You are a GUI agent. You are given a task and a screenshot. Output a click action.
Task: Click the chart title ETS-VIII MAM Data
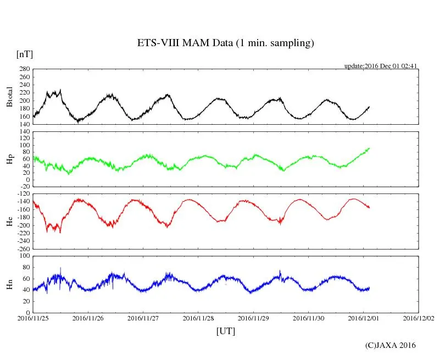pyautogui.click(x=225, y=43)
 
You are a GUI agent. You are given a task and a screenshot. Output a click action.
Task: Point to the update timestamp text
pyautogui.click(x=381, y=66)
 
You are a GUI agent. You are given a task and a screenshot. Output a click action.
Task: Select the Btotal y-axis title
pyautogui.click(x=9, y=97)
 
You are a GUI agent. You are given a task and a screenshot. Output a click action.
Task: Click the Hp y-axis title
pyautogui.click(x=9, y=159)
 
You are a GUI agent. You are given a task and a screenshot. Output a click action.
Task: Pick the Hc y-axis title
pyautogui.click(x=9, y=221)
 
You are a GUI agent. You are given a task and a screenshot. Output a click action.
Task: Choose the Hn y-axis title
pyautogui.click(x=9, y=284)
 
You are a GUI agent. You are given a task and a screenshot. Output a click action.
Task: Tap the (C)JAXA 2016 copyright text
pyautogui.click(x=391, y=345)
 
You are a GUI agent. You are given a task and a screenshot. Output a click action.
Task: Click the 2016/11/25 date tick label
pyautogui.click(x=33, y=318)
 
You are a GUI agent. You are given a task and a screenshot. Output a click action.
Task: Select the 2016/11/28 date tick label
pyautogui.click(x=198, y=318)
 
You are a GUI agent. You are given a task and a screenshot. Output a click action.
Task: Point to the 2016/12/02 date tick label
pyautogui.click(x=419, y=318)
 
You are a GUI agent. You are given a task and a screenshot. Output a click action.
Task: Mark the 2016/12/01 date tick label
pyautogui.click(x=364, y=318)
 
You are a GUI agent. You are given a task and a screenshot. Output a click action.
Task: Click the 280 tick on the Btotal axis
pyautogui.click(x=24, y=69)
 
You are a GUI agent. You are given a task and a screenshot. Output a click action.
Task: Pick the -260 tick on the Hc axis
pyautogui.click(x=23, y=248)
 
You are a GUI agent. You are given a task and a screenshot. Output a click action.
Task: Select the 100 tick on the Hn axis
pyautogui.click(x=24, y=256)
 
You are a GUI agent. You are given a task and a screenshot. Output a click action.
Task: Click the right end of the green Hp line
pyautogui.click(x=369, y=148)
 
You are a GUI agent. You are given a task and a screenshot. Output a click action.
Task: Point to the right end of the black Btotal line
pyautogui.click(x=369, y=107)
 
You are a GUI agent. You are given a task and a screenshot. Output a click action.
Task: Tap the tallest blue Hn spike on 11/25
pyautogui.click(x=60, y=268)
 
